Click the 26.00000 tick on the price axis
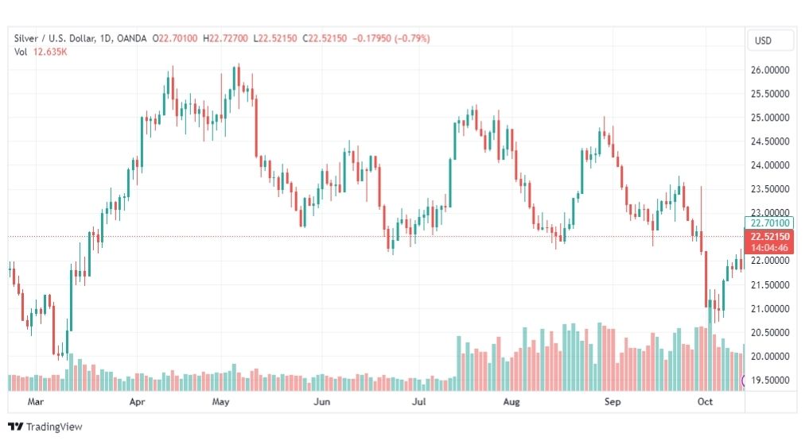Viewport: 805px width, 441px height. point(769,70)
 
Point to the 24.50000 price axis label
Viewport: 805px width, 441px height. point(769,141)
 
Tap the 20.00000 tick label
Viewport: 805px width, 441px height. point(769,357)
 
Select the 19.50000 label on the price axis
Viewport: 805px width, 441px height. point(769,380)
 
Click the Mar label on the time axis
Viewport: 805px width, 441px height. point(36,401)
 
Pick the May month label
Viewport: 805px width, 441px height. point(221,401)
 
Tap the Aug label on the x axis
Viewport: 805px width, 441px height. point(511,401)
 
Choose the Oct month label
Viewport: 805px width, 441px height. point(705,401)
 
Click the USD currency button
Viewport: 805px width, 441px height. point(763,41)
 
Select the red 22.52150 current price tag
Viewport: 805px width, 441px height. point(769,242)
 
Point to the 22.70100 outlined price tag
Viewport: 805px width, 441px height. point(769,223)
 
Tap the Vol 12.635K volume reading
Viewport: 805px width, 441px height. point(41,52)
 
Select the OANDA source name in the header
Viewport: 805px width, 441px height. point(131,38)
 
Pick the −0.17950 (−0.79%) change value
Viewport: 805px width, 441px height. point(391,38)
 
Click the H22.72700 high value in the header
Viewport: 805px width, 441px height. point(225,38)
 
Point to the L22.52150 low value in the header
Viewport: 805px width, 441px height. point(275,38)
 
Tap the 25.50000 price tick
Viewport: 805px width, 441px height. point(769,94)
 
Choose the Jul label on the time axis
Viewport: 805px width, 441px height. point(419,401)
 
